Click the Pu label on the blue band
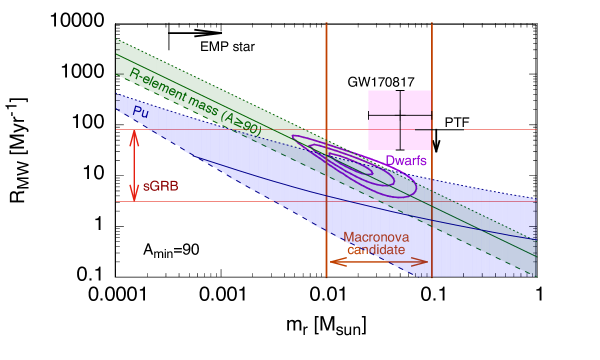tap(141, 112)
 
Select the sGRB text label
tap(161, 186)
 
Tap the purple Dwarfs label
tap(406, 160)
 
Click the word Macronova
tap(376, 237)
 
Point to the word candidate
tap(376, 249)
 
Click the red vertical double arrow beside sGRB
tap(134, 165)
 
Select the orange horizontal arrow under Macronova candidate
tap(379, 261)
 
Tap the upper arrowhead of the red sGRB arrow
tap(134, 135)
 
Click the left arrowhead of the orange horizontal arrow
tap(334, 261)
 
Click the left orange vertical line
tap(327, 80)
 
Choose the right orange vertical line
tap(432, 80)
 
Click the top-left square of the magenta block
tap(383, 102)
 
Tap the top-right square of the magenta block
tap(417, 102)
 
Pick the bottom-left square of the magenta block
tap(383, 133)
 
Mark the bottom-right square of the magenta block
tap(417, 133)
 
